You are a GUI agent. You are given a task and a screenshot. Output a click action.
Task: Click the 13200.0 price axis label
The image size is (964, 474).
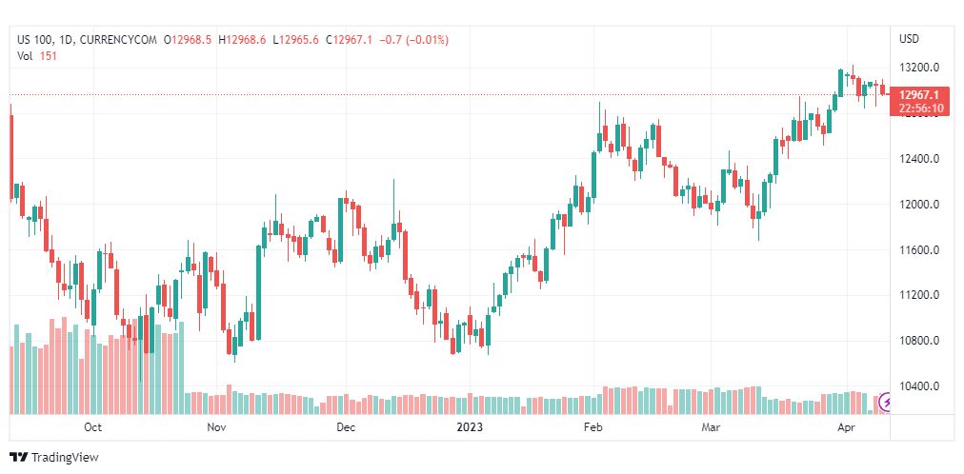tap(918, 68)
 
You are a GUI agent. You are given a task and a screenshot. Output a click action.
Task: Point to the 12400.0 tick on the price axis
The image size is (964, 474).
tap(918, 158)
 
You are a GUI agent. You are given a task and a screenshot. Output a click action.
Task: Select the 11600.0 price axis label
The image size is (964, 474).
tap(918, 250)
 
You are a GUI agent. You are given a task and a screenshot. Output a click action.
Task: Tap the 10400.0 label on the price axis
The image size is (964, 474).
tap(918, 386)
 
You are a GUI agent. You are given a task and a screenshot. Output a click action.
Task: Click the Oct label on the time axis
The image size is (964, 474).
tap(92, 427)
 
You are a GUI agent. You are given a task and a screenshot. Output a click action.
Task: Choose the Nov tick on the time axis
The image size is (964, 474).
tap(216, 427)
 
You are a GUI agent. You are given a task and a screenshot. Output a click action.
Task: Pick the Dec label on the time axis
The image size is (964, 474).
tap(346, 427)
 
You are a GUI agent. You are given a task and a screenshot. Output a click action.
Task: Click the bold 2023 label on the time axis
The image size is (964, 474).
tap(469, 427)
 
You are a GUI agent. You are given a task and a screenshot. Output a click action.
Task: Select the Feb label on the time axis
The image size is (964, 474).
tap(593, 427)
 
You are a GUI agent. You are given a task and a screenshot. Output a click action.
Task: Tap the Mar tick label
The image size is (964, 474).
tap(711, 427)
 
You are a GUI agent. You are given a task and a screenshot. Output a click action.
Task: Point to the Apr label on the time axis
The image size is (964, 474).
tap(847, 427)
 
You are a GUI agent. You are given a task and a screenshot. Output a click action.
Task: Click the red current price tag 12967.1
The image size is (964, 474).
tap(918, 94)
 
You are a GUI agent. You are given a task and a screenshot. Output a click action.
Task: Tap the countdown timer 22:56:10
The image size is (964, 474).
tap(920, 109)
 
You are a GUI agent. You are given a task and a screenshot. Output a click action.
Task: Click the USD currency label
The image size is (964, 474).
tap(910, 39)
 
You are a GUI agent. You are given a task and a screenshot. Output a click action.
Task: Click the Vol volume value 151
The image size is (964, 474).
tap(49, 56)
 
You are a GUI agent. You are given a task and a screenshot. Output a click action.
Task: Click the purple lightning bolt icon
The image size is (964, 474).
tap(886, 403)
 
